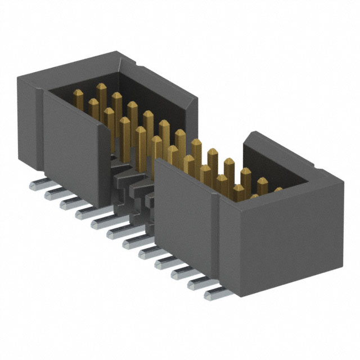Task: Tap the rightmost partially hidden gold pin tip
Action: (277, 191)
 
